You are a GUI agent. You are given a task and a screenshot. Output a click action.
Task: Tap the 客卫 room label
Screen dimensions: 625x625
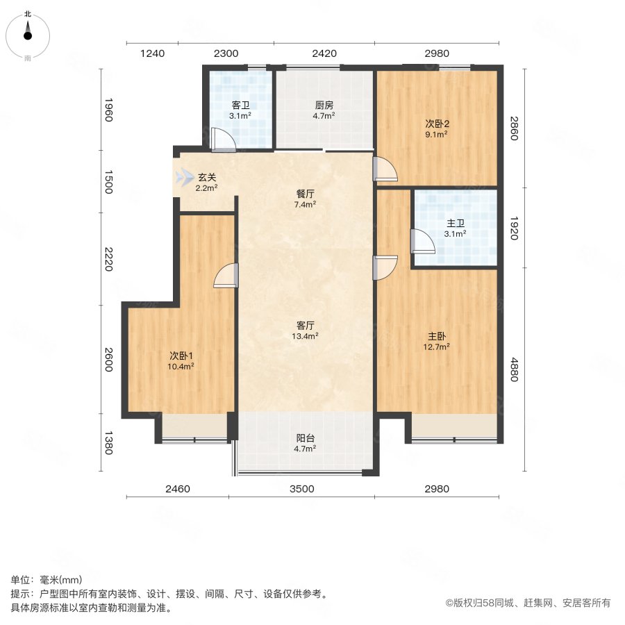[241, 106]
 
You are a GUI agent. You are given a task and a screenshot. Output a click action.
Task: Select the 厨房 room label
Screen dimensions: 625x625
[324, 106]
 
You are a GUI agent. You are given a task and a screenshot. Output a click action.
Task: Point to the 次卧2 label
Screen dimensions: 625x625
[437, 124]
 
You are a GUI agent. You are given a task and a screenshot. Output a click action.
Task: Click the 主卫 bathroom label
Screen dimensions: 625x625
[456, 223]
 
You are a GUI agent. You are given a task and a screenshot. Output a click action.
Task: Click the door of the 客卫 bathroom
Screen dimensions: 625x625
[224, 141]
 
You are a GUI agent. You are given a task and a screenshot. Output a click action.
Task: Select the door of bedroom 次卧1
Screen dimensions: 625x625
[227, 276]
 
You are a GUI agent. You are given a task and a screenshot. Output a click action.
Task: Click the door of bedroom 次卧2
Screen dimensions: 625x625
[385, 169]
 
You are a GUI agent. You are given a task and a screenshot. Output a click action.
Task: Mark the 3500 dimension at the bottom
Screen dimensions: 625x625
[302, 489]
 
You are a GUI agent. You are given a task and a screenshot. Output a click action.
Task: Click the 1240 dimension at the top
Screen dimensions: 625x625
[152, 53]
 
